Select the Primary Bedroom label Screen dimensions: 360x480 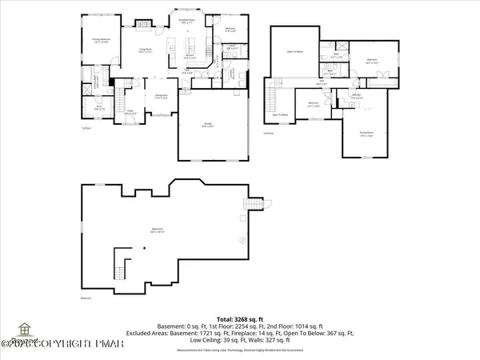tap(100, 41)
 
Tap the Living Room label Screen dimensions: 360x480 tap(146, 50)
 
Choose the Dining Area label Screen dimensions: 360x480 tap(160, 98)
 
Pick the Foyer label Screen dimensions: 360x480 tap(130, 112)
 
